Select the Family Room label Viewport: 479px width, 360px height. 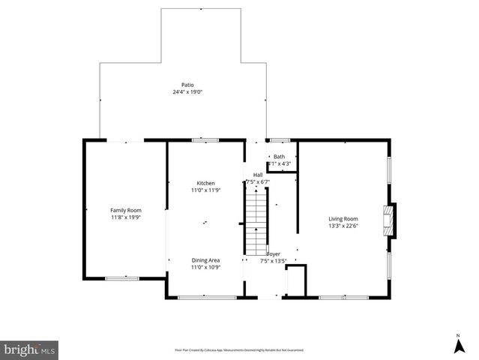pyautogui.click(x=126, y=210)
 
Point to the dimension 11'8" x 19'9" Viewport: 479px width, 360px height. pyautogui.click(x=126, y=217)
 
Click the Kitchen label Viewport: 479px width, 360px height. pyautogui.click(x=205, y=183)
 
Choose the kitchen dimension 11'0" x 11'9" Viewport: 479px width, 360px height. pyautogui.click(x=205, y=190)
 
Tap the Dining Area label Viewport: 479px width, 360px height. pyautogui.click(x=205, y=259)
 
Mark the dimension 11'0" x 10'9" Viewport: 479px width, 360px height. pyautogui.click(x=205, y=267)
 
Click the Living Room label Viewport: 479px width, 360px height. pyautogui.click(x=343, y=217)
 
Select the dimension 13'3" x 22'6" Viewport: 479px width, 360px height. pyautogui.click(x=343, y=225)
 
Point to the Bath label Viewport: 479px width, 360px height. pyautogui.click(x=279, y=156)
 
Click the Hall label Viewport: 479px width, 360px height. pyautogui.click(x=257, y=175)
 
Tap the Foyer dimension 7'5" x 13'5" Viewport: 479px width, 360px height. pyautogui.click(x=274, y=262)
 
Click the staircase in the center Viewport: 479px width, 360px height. pyautogui.click(x=256, y=221)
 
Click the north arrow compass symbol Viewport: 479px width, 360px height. pyautogui.click(x=458, y=344)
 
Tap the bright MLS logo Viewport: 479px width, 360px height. pyautogui.click(x=30, y=349)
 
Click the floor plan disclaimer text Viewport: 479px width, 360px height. pyautogui.click(x=239, y=349)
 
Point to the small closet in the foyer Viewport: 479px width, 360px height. pyautogui.click(x=297, y=280)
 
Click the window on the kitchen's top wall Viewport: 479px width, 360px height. pyautogui.click(x=205, y=139)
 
